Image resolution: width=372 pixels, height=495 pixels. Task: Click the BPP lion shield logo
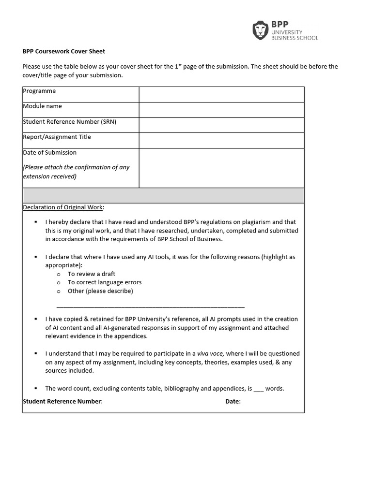261,30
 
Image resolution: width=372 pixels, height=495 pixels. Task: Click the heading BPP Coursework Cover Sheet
64,51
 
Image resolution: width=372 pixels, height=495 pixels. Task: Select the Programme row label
39,91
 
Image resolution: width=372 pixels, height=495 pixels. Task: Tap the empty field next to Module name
221,110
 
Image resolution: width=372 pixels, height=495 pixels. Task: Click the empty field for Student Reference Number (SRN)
221,125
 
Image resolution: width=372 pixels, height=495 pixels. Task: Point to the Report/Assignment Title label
57,137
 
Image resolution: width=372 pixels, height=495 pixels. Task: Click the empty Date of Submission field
221,168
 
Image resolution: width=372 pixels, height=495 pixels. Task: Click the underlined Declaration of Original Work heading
63,207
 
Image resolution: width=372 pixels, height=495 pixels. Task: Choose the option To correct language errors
104,282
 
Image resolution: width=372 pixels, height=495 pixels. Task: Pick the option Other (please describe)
100,291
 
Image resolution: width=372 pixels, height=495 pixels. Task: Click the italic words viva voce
211,353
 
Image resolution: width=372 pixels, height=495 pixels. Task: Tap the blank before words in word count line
258,389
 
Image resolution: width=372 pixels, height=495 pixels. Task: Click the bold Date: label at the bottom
232,401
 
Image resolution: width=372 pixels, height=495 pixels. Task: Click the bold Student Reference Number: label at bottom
62,401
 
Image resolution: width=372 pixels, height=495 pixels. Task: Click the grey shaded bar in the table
163,195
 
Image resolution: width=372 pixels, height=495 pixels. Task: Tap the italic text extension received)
49,176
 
